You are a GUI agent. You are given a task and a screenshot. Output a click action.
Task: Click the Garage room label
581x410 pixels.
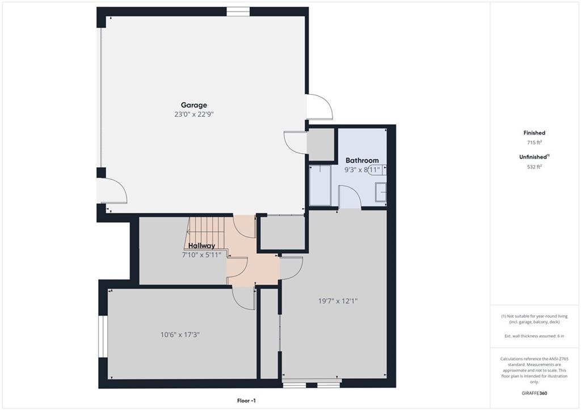click(194, 105)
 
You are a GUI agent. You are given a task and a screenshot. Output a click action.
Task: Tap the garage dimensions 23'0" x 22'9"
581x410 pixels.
click(194, 115)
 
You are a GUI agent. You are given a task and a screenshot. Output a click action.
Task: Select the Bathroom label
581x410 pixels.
click(362, 160)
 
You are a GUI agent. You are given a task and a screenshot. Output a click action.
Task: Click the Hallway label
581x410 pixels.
click(201, 246)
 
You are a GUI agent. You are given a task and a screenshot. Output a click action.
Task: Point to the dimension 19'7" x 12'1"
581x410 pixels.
click(338, 301)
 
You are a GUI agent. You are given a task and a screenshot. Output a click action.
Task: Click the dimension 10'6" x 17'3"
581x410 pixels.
click(180, 335)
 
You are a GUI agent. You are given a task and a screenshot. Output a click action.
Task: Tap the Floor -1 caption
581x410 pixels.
click(246, 401)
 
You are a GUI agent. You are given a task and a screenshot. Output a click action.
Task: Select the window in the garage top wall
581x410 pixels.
click(238, 12)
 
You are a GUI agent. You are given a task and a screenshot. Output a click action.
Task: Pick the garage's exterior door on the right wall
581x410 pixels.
click(319, 107)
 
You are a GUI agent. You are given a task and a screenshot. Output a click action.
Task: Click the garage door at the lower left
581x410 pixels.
click(112, 191)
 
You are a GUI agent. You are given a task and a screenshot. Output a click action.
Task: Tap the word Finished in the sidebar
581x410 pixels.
click(534, 133)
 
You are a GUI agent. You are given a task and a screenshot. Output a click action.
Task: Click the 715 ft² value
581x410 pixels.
click(534, 142)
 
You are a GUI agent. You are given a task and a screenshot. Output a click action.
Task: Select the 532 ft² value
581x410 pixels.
click(534, 167)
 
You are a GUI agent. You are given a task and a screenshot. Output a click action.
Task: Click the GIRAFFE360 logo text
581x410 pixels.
click(534, 393)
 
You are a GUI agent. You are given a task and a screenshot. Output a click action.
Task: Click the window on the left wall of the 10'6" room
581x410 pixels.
click(103, 336)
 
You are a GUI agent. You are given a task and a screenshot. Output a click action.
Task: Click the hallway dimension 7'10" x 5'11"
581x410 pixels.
click(201, 255)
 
